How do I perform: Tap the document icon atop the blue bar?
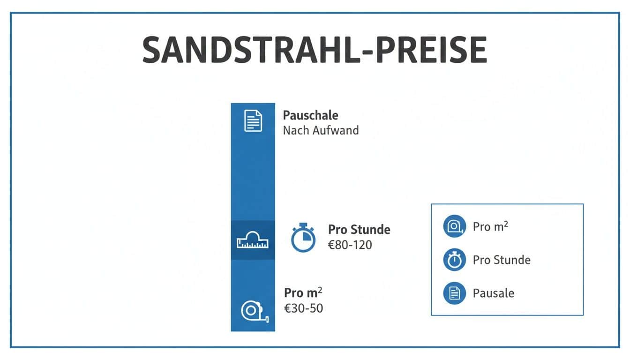click(x=253, y=120)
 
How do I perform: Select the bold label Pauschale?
click(x=310, y=115)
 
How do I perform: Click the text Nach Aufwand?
click(x=321, y=130)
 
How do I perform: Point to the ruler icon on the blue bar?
click(x=253, y=240)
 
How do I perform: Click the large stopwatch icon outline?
click(x=303, y=238)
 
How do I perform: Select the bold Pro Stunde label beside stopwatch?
click(x=359, y=230)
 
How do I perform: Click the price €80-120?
click(x=350, y=245)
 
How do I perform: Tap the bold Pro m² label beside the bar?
click(x=303, y=293)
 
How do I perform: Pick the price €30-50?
click(x=303, y=308)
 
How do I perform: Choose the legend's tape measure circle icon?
click(x=455, y=226)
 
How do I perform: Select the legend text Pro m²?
click(x=490, y=226)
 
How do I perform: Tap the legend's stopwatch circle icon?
click(x=455, y=260)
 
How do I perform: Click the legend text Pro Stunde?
click(x=502, y=260)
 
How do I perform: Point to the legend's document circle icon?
click(x=455, y=293)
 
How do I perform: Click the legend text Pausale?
click(x=494, y=293)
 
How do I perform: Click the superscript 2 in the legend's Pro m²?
click(x=506, y=223)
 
